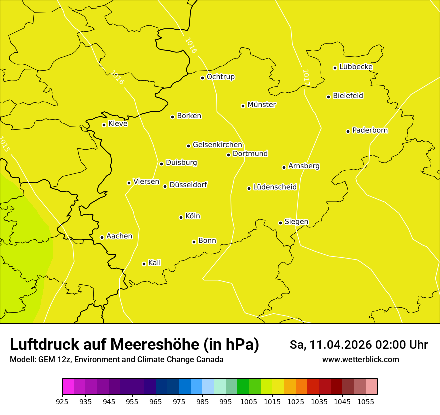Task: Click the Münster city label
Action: point(262,105)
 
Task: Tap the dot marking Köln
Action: point(181,217)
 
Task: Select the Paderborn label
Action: point(370,130)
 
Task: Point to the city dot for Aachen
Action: point(102,237)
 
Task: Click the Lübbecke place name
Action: point(356,67)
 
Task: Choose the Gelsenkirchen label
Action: point(217,145)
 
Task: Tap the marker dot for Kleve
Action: point(104,125)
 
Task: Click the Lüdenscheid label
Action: point(275,187)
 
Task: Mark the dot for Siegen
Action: point(281,223)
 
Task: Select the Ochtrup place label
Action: point(220,77)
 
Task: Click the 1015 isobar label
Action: point(4,144)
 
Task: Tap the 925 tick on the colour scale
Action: point(62,401)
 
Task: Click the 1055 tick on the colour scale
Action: point(366,401)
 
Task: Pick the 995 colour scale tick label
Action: point(226,401)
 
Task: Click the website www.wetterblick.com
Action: point(360,360)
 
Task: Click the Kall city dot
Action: point(144,264)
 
